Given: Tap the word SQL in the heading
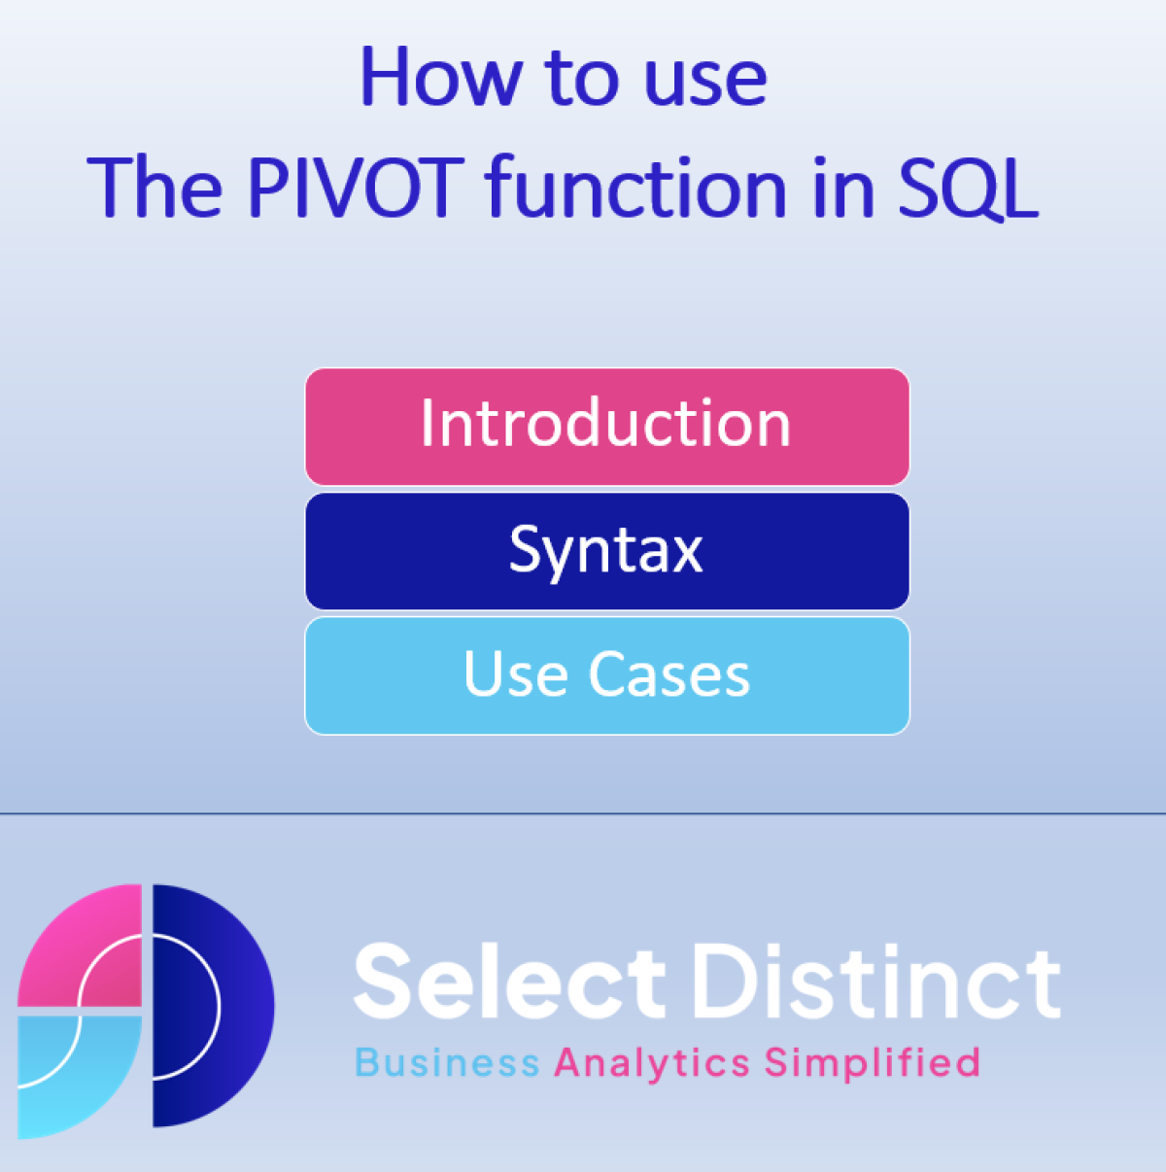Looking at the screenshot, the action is tap(969, 189).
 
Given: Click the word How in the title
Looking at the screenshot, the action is tap(441, 77).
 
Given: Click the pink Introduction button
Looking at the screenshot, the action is tap(607, 427).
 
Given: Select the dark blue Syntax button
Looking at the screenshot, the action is tap(607, 551).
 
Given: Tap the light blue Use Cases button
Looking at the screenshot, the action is tap(607, 675).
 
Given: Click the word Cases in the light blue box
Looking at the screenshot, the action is tap(669, 673).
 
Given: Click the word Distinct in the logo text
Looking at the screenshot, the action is tap(877, 981).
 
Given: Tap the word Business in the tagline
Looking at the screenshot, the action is tap(447, 1063).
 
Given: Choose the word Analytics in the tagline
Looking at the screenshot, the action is tap(652, 1065).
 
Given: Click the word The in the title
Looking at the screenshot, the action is tap(155, 187).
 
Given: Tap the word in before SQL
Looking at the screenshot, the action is tap(843, 187).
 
